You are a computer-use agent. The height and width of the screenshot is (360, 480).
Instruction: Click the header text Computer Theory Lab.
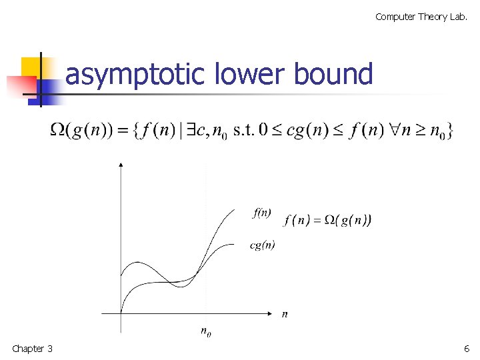pyautogui.click(x=421, y=17)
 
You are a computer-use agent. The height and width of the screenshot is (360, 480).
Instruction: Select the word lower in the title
pyautogui.click(x=250, y=74)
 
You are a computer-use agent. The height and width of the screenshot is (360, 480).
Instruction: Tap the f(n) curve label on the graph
pyautogui.click(x=262, y=213)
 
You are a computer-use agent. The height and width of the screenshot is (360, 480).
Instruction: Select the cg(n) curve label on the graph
pyautogui.click(x=262, y=245)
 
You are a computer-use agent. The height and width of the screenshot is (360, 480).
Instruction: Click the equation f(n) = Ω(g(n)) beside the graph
pyautogui.click(x=327, y=220)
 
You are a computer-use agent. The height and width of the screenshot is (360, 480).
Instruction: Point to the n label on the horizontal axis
pyautogui.click(x=285, y=313)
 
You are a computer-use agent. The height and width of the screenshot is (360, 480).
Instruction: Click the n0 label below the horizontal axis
pyautogui.click(x=206, y=331)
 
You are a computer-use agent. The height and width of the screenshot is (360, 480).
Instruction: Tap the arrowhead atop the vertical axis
pyautogui.click(x=120, y=164)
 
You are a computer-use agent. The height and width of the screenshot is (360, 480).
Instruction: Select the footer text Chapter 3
pyautogui.click(x=32, y=349)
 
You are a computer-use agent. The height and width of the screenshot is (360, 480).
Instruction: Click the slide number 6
pyautogui.click(x=467, y=349)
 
